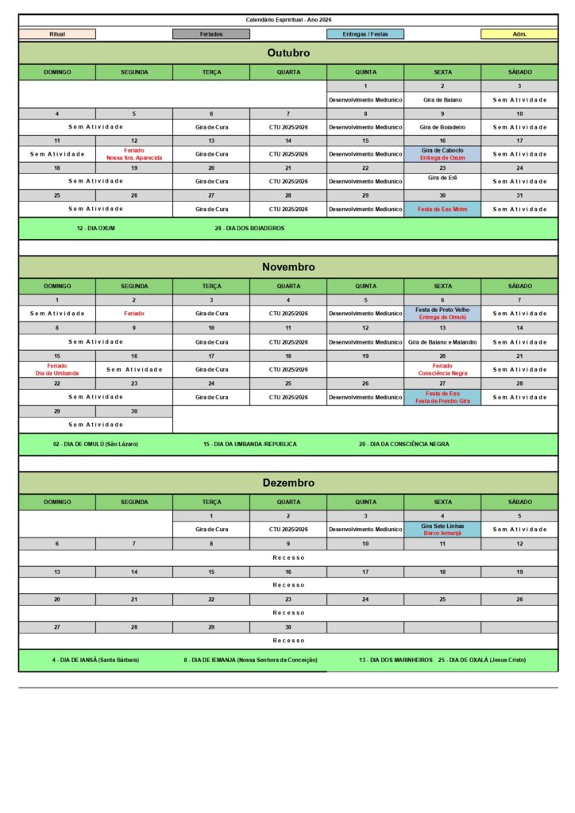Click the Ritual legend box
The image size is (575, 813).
coord(57,34)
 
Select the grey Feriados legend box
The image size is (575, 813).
coord(211,34)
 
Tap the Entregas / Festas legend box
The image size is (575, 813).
coord(365,34)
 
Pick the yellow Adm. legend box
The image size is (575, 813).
coord(519,34)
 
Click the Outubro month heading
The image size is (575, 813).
coord(288,53)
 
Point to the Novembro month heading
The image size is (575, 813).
coord(288,267)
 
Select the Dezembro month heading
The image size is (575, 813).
coord(288,483)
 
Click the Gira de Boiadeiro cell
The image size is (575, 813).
coord(442,127)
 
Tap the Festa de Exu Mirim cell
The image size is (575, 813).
coord(442,209)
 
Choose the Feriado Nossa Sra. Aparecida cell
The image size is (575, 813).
coord(134,154)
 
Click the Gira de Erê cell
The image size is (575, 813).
coord(442,178)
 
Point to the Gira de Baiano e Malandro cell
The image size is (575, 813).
coord(442,341)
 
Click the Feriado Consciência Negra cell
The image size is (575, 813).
coord(442,369)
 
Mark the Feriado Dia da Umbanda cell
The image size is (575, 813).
coord(57,369)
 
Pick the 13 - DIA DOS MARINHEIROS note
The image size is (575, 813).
coord(395,660)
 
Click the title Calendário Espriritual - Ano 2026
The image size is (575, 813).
coord(288,19)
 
